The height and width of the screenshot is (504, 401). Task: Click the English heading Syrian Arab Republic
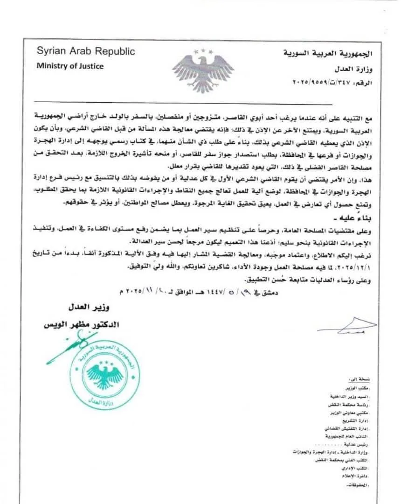pyautogui.click(x=86, y=51)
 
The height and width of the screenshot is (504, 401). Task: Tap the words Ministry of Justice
pyautogui.click(x=70, y=66)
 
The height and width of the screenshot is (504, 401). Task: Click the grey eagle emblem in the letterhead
pyautogui.click(x=202, y=69)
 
